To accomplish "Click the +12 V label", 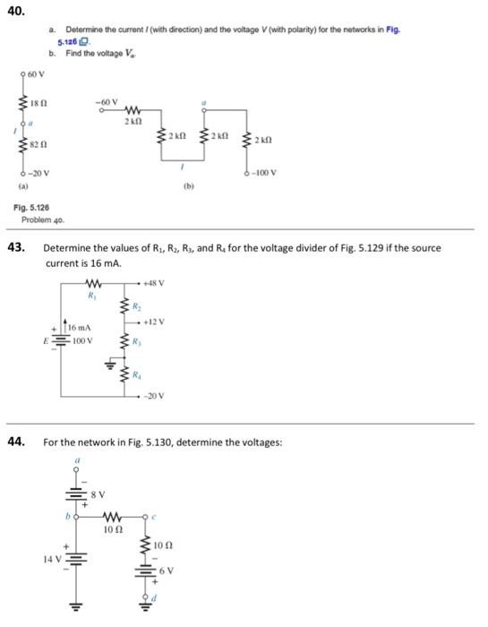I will pyautogui.click(x=153, y=320).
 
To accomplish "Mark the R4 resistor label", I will pyautogui.click(x=139, y=375).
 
